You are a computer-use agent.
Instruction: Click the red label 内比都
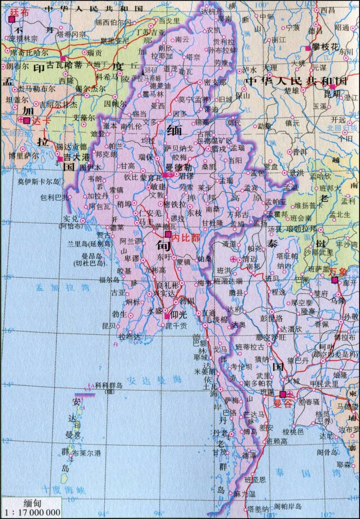pyautogui.click(x=186, y=237)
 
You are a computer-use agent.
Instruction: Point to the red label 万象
pyautogui.click(x=338, y=272)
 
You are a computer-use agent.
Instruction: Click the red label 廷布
pyautogui.click(x=19, y=12)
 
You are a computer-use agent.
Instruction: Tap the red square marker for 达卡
pyautogui.click(x=27, y=121)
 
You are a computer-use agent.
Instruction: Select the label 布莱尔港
pyautogui.click(x=87, y=453)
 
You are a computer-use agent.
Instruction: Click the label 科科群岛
pyautogui.click(x=109, y=385)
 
